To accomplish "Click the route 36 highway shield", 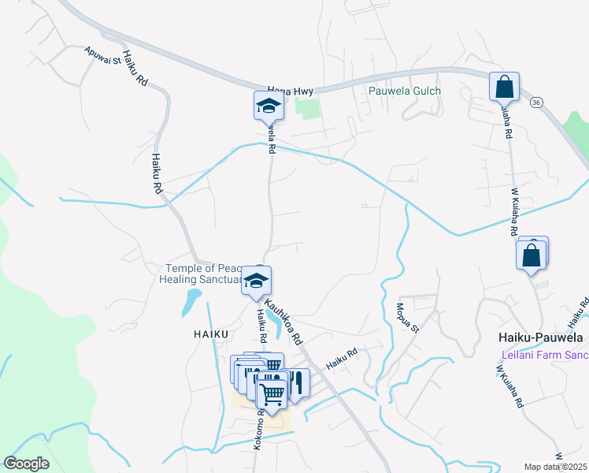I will (x=535, y=102).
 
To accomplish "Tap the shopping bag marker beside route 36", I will (x=504, y=87).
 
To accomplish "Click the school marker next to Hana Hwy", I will (x=268, y=106).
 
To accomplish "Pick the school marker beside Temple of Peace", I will (x=257, y=281).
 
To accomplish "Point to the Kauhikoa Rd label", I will (x=283, y=320).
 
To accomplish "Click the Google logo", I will (x=27, y=464).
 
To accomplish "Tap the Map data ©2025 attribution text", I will (x=556, y=467).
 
